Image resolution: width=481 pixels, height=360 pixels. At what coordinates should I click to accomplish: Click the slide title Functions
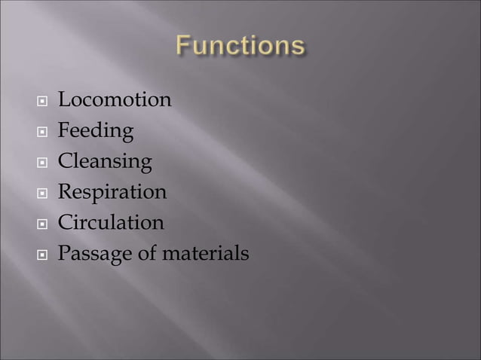coord(240,46)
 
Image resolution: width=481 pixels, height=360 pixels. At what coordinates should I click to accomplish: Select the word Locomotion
coord(115,99)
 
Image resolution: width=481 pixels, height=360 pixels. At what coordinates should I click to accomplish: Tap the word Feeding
coord(96,131)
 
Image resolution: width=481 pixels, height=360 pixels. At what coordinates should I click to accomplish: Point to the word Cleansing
coord(105,162)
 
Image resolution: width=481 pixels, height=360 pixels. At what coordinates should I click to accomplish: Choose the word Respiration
coord(112,193)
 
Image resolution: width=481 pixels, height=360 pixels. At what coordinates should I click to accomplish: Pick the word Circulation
coord(111,223)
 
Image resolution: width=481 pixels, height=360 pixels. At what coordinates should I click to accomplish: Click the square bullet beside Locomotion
coord(42,101)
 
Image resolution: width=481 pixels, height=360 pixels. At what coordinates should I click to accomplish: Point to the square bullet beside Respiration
coord(42,194)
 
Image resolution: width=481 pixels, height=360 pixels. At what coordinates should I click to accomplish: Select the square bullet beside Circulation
coord(42,224)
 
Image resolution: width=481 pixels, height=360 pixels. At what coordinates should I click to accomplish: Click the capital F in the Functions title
coord(184,46)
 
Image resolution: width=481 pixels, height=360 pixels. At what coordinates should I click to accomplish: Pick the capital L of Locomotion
coord(64,99)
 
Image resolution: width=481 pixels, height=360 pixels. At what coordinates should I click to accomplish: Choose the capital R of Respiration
coord(65,193)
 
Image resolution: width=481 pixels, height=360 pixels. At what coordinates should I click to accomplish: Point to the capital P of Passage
coord(64,255)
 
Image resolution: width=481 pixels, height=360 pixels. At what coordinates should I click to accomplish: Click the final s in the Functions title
coord(299,47)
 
